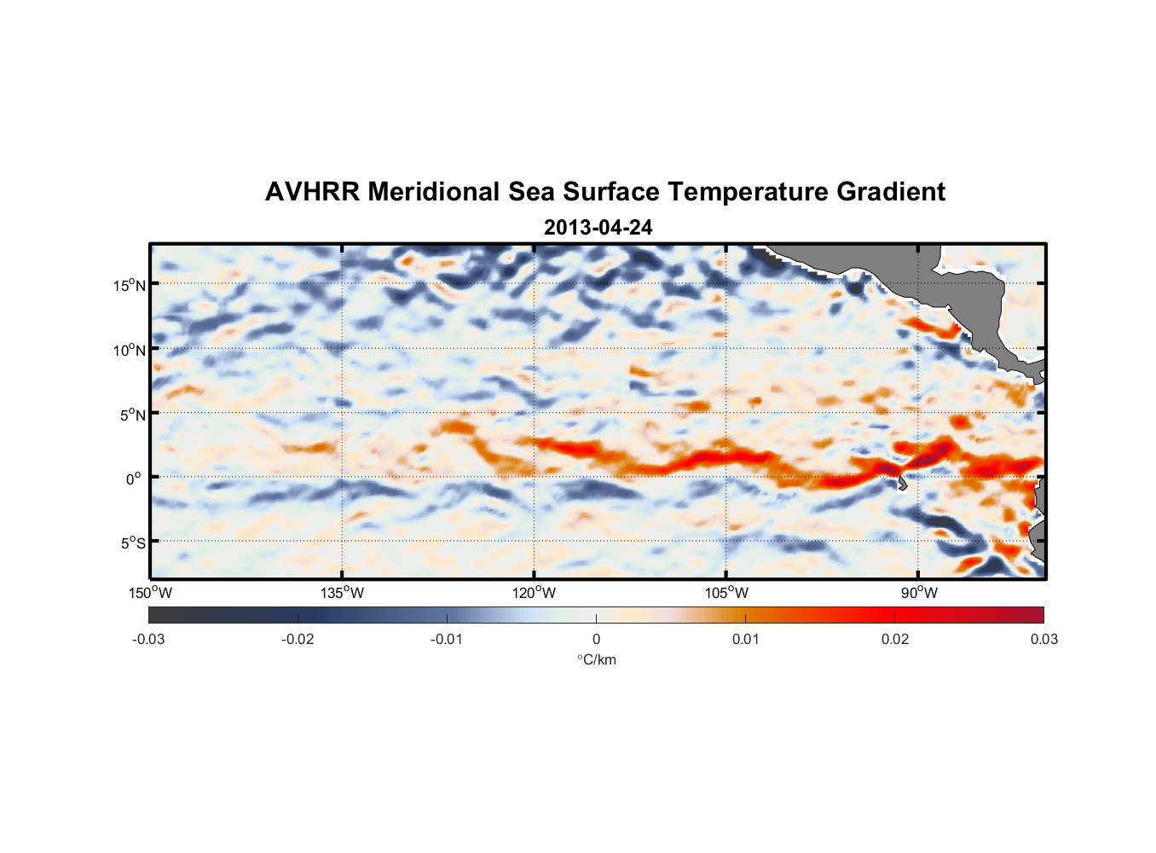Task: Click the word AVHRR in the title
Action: tap(312, 192)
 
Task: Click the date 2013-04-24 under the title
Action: tap(598, 228)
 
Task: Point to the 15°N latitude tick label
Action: tap(129, 285)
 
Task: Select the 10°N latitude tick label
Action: tap(129, 350)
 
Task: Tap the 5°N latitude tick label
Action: tap(132, 415)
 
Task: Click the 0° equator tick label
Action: tap(134, 479)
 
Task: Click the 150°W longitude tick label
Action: tap(150, 593)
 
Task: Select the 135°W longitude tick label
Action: tap(342, 593)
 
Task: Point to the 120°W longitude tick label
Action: tap(534, 593)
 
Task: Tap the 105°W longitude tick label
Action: tap(726, 593)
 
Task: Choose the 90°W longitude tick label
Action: tap(919, 593)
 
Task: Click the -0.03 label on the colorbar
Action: tap(148, 639)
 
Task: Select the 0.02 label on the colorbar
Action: tap(894, 639)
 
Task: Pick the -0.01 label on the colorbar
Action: tap(447, 639)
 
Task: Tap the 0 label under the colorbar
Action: tap(596, 639)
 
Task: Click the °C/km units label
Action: tap(597, 659)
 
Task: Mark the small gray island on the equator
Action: tap(901, 483)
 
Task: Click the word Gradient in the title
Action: tap(891, 192)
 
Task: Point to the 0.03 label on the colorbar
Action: tap(1043, 639)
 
